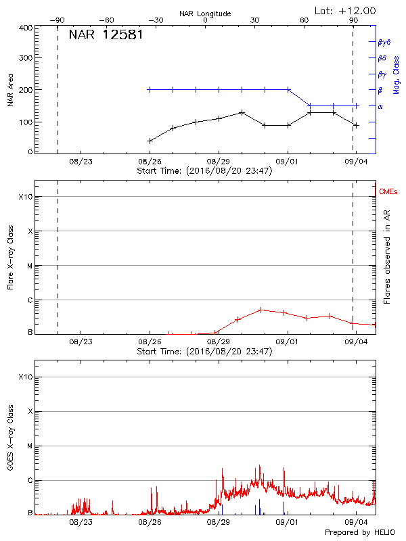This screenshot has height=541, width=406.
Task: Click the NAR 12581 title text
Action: [x=106, y=34]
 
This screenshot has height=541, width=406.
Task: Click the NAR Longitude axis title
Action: [x=205, y=13]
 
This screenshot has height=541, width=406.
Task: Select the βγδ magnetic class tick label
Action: [x=384, y=42]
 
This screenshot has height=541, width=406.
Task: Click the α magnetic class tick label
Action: [x=380, y=106]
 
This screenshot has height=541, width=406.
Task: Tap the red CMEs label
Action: [x=388, y=192]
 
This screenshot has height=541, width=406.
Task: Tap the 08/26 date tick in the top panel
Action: [x=150, y=162]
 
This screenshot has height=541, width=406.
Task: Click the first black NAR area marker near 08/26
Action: [x=150, y=141]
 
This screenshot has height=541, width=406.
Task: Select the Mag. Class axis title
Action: [x=396, y=75]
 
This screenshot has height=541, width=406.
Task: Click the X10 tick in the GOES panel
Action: [x=25, y=377]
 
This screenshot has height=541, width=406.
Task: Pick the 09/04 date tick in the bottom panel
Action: [x=357, y=522]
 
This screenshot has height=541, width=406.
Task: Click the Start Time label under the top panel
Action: [x=204, y=170]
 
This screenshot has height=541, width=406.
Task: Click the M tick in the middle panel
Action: [x=28, y=266]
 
